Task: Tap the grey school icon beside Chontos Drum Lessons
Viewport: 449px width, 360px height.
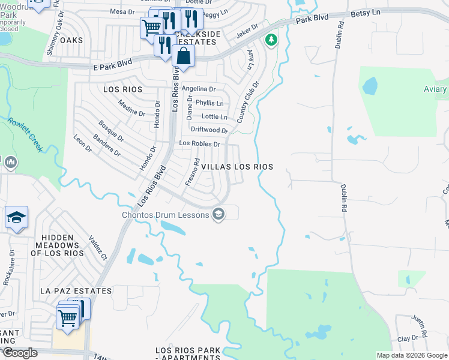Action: [x=218, y=214]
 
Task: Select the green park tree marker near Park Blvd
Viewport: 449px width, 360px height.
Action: [x=272, y=40]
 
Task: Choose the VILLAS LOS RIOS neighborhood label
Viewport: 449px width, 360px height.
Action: [x=237, y=167]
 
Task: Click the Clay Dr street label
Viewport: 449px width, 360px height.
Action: [x=407, y=338]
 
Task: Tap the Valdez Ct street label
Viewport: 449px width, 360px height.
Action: [x=97, y=248]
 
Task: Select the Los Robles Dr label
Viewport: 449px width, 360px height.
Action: [x=200, y=144]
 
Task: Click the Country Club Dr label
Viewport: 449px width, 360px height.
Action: [x=247, y=103]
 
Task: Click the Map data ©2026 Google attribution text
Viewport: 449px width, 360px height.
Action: [x=411, y=355]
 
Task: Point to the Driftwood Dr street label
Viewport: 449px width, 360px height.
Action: [x=209, y=130]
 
